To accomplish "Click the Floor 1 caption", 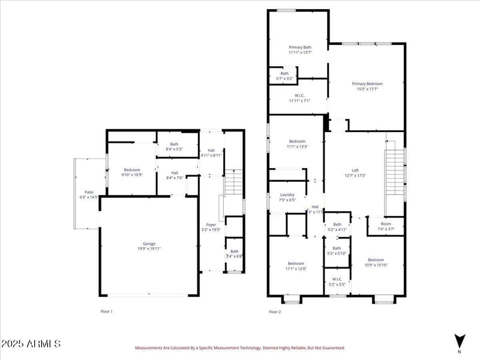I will coord(106,312).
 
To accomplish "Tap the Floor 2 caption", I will coord(275,312).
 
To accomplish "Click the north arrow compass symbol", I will coord(460,340).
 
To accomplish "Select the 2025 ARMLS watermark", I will coord(31,344).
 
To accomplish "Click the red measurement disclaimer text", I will coord(239,347).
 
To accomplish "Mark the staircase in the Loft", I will coord(394,173).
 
